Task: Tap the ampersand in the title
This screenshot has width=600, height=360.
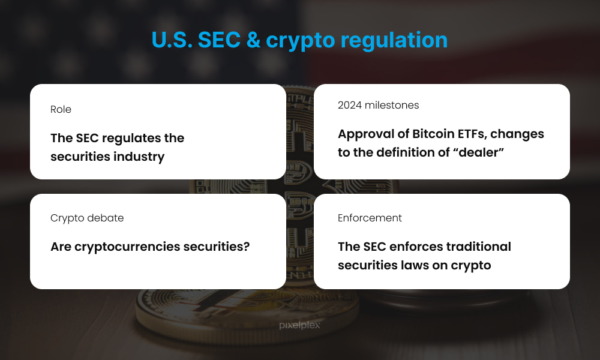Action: click(254, 40)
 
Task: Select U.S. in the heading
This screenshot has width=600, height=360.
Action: click(172, 40)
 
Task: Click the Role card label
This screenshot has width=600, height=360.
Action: click(61, 109)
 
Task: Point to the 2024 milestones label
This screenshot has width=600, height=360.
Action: click(379, 105)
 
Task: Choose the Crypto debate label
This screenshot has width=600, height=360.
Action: click(87, 218)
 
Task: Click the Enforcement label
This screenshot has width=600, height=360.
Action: click(370, 218)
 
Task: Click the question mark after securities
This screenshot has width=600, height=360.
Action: click(247, 247)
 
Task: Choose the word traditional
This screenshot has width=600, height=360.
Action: click(479, 247)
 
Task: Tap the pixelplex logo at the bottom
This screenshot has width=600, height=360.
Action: click(299, 326)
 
